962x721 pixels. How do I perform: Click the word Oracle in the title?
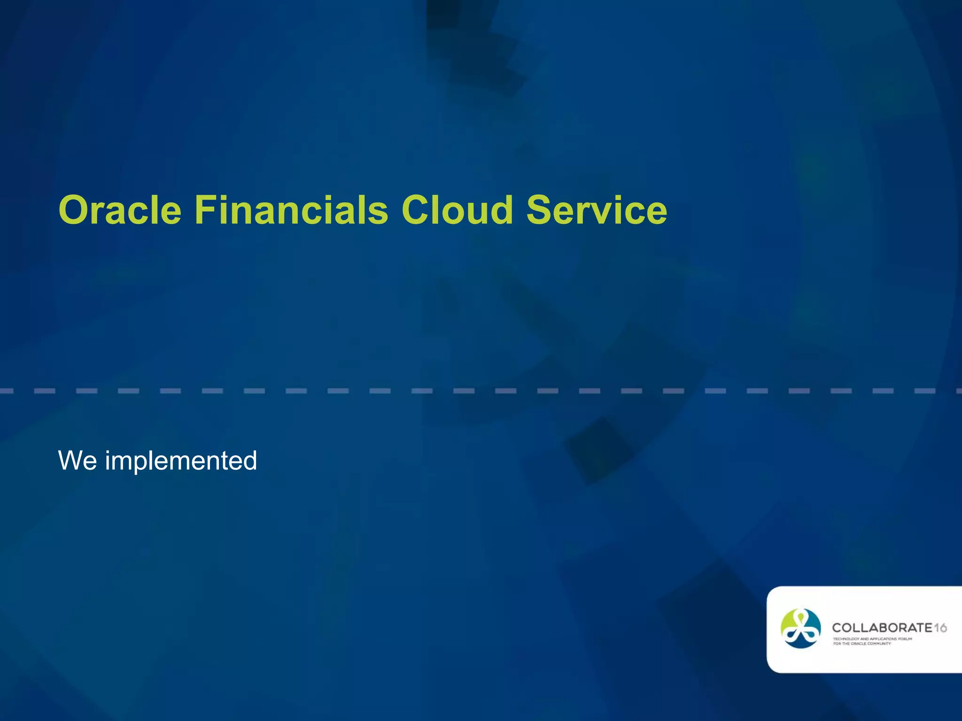click(120, 210)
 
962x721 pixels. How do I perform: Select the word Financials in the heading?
click(291, 210)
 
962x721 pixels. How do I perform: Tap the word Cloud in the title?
click(457, 210)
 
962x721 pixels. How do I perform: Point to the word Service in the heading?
click(596, 210)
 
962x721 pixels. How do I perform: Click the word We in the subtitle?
click(78, 460)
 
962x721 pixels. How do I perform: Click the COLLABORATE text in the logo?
click(882, 628)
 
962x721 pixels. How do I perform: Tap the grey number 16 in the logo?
click(940, 628)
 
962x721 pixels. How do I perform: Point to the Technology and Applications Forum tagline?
click(872, 639)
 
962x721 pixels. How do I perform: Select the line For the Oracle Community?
click(861, 644)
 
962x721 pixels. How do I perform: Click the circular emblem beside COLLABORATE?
click(800, 629)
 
